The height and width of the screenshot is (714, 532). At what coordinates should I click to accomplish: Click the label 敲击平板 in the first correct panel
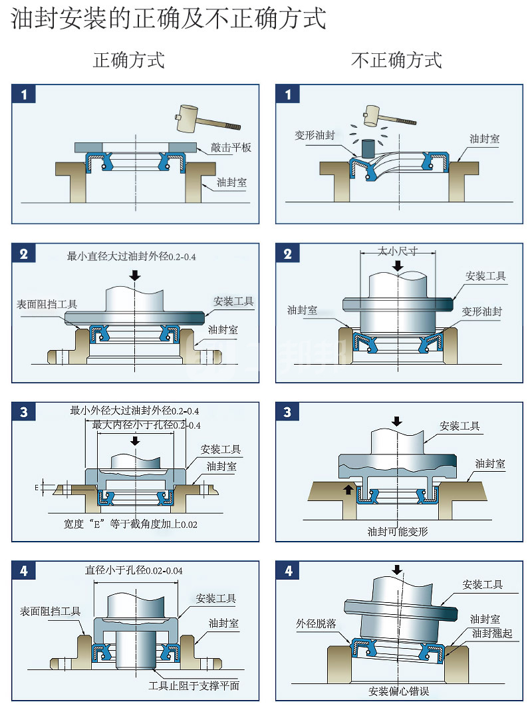coord(231,148)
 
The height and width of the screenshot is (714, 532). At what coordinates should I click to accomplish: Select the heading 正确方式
coord(128,61)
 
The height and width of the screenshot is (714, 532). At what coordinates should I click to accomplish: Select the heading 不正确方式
coord(396,61)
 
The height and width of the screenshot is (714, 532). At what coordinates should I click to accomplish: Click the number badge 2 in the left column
coord(24,254)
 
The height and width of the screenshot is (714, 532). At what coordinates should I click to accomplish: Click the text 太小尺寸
coord(398,251)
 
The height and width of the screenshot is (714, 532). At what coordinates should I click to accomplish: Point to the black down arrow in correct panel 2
coord(136,274)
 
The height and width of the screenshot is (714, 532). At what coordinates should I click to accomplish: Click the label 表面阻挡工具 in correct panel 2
coord(47,304)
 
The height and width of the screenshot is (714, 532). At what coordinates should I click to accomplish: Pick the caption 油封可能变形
coord(398,532)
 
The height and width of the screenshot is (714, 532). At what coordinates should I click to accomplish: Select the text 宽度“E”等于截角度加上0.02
coord(131,524)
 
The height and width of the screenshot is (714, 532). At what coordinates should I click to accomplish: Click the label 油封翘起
coord(492,633)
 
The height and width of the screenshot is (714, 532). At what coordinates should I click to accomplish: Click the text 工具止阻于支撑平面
coord(194,686)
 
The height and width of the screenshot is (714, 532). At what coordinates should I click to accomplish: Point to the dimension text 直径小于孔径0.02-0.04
coord(134,570)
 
